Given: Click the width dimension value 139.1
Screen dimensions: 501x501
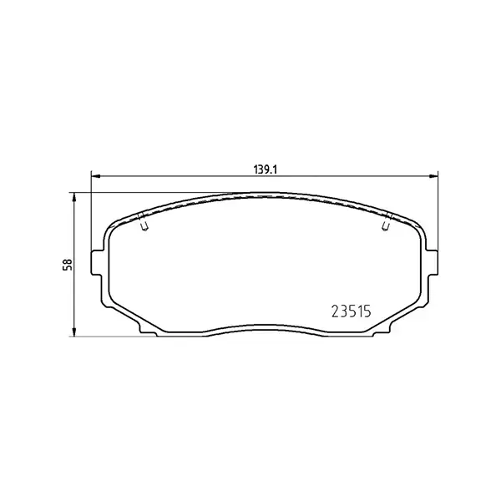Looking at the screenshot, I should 266,169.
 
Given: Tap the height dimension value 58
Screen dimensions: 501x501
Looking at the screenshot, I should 68,263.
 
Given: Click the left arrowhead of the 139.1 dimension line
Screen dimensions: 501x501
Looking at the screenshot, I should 94,176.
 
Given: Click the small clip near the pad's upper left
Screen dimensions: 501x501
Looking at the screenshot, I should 144,223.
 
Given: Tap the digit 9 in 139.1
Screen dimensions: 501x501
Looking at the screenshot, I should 268,169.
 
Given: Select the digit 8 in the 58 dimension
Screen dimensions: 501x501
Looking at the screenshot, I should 68,260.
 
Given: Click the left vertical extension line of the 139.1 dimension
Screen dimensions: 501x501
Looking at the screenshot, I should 90,217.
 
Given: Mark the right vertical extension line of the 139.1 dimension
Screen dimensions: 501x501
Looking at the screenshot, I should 438,217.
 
